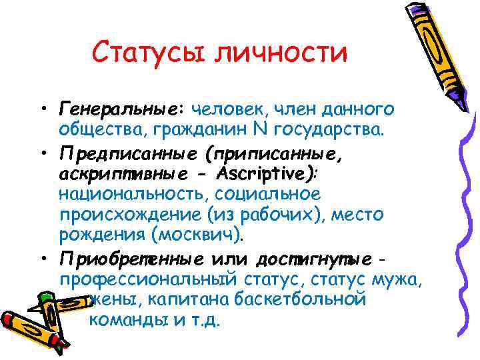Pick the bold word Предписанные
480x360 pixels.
(x=127, y=155)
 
